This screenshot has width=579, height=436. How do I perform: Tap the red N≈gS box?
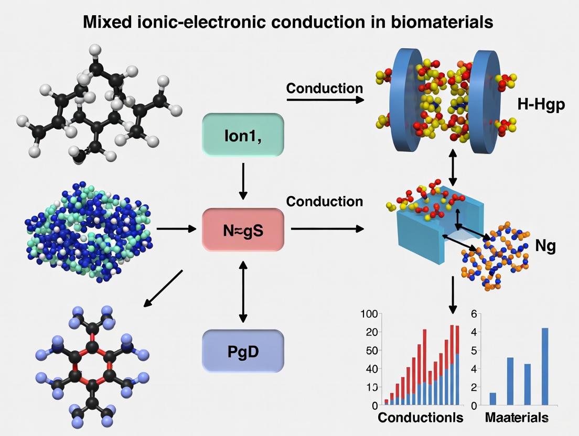[243, 229]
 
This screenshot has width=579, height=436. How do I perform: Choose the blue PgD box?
[243, 351]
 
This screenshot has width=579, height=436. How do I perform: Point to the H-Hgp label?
[541, 105]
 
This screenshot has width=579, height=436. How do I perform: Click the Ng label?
[545, 246]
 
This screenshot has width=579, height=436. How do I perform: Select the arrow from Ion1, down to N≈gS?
[243, 181]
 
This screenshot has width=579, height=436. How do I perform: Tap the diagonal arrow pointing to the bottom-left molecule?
[163, 289]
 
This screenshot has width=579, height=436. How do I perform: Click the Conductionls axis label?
[420, 418]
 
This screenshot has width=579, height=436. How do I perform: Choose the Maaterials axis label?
[517, 418]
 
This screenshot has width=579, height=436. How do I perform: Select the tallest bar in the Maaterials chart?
[544, 366]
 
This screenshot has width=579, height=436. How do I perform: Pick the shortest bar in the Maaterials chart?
[492, 399]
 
